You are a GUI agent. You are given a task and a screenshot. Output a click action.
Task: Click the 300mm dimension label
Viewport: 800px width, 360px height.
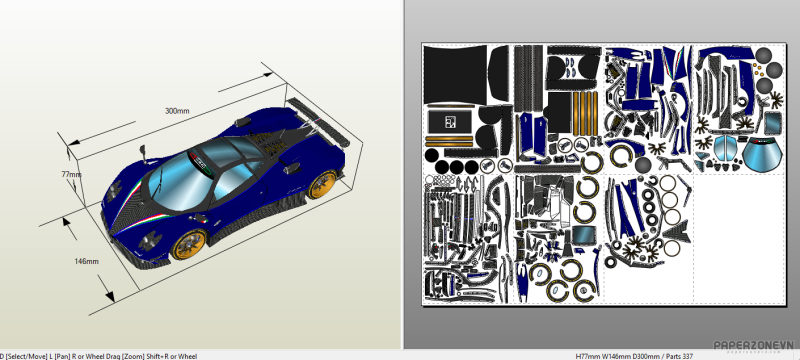point(177,111)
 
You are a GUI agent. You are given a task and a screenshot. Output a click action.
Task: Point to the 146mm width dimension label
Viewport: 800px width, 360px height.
point(86,262)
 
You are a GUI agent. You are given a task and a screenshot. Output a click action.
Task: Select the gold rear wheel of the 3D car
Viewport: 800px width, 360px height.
point(321,184)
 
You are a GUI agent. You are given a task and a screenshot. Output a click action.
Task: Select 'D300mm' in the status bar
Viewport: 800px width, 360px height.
point(646,355)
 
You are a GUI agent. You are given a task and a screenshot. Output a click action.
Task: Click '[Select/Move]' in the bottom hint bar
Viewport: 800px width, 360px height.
point(30,355)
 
